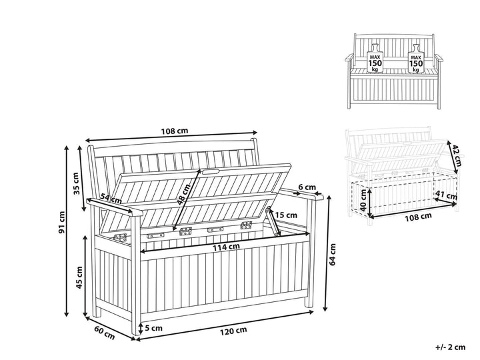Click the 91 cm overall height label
click(x=62, y=223)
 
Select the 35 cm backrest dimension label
click(x=77, y=183)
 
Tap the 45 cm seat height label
click(x=79, y=277)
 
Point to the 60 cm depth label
click(x=105, y=333)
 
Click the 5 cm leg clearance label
click(x=153, y=329)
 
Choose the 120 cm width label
click(x=233, y=331)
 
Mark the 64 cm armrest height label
click(x=333, y=255)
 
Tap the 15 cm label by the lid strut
click(x=286, y=215)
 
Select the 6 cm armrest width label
click(x=307, y=187)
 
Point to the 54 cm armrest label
click(x=111, y=199)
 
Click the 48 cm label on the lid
click(x=184, y=194)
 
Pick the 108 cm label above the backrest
click(x=175, y=131)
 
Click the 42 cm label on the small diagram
click(x=456, y=155)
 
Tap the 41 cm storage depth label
click(x=446, y=195)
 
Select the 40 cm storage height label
click(x=363, y=200)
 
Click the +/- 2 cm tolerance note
click(x=450, y=347)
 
